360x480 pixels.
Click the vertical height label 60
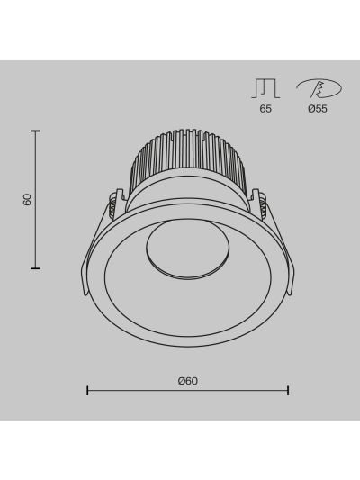[27, 200]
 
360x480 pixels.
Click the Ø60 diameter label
[188, 381]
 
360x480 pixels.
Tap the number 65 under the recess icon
[265, 109]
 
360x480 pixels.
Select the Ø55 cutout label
[318, 109]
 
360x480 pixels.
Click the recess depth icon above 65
[265, 88]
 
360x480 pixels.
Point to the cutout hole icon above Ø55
[319, 88]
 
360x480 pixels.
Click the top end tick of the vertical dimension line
[35, 131]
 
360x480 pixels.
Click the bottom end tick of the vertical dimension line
[35, 268]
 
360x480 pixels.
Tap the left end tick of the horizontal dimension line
[87, 390]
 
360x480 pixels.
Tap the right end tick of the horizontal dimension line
[288, 390]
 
